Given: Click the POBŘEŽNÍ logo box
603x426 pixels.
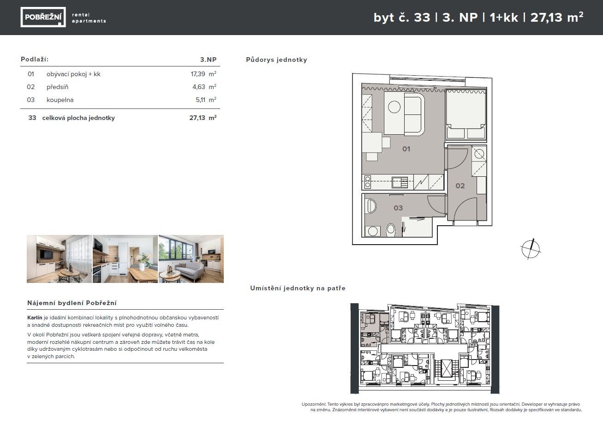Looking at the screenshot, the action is point(43,17).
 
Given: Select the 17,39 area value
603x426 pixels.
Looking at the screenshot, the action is point(198,74).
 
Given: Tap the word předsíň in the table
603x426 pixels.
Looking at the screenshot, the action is point(57,87).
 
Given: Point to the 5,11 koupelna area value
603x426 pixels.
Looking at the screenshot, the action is point(201,100).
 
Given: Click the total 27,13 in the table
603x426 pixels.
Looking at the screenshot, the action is point(197,118).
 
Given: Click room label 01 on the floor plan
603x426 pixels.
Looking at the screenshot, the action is point(406,149).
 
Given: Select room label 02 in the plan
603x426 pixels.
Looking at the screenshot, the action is point(460,186).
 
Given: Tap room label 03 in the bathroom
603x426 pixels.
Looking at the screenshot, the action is point(398,208).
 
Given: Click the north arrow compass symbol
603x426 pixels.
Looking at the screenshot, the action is point(531,249).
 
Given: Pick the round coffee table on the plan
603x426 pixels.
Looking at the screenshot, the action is point(394,107).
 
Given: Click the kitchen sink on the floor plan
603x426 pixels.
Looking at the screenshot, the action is point(400,182).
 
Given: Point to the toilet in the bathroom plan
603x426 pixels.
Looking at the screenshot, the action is point(390,230).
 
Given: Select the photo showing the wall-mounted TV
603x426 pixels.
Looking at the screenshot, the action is point(59,259).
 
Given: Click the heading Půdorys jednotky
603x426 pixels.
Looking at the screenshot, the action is point(276,60).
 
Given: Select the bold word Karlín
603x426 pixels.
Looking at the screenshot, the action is point(35,318).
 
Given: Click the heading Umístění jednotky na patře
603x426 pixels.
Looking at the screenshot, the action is point(298,288).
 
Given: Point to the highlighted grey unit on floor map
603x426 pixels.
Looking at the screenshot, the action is point(370,330).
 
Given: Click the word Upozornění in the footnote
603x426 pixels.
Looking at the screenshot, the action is point(314,404).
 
